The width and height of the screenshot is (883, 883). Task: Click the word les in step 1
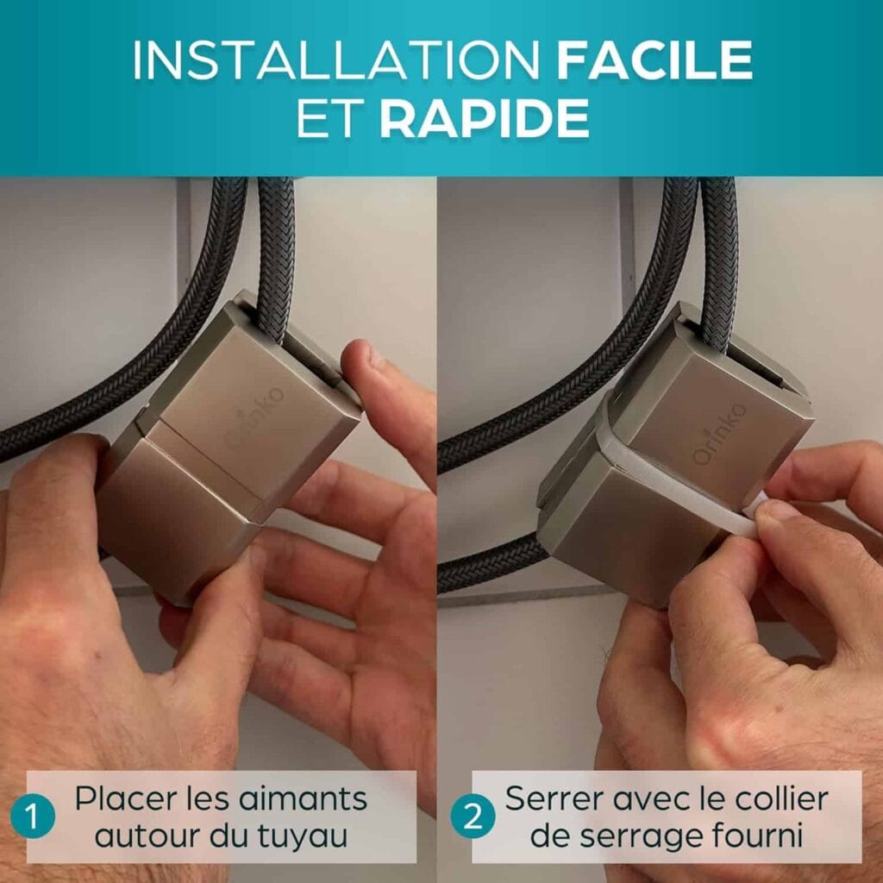click(207, 798)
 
